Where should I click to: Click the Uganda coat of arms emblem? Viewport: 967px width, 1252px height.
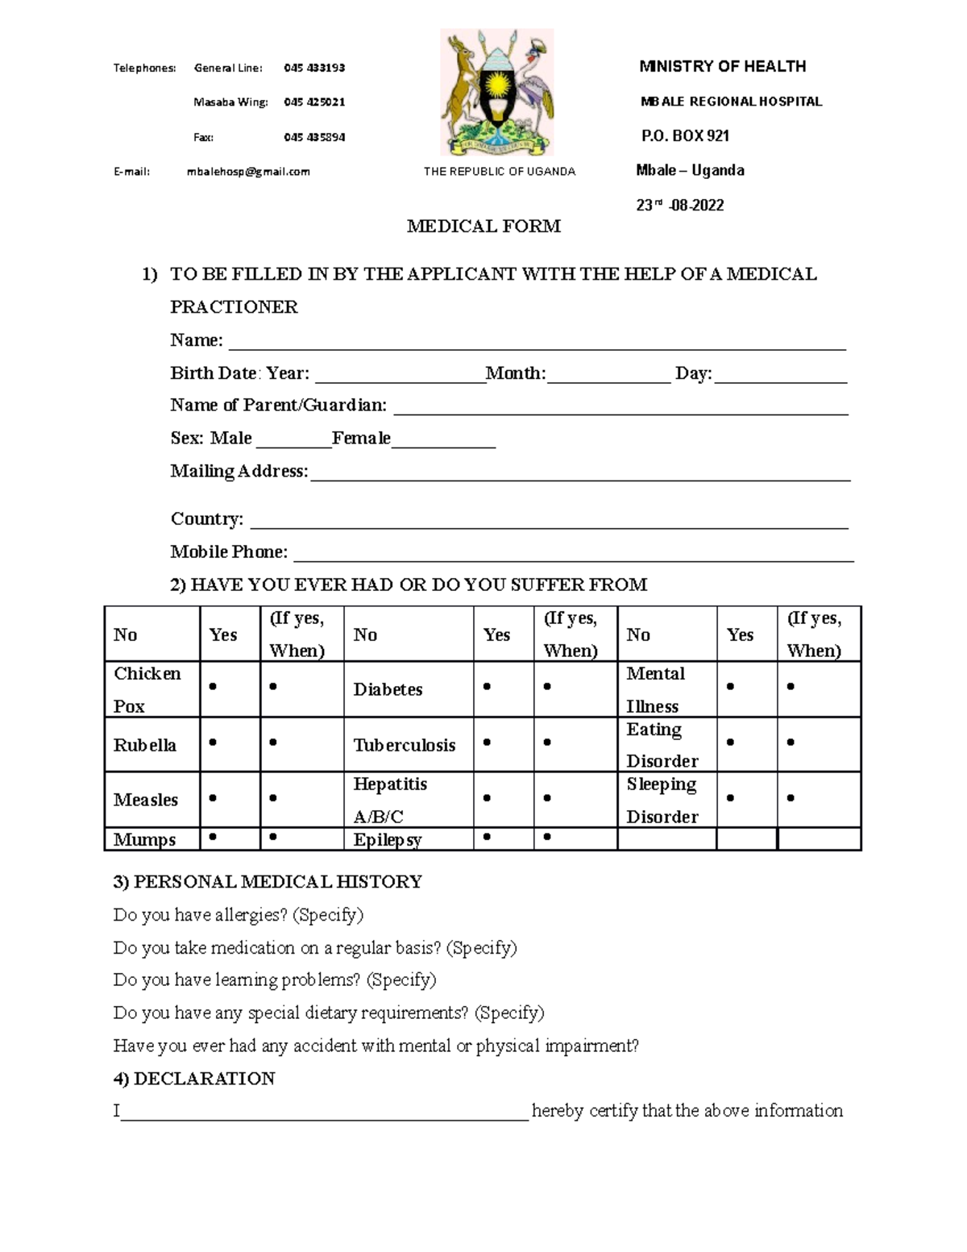tap(496, 93)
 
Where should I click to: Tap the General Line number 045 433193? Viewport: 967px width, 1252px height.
tap(314, 68)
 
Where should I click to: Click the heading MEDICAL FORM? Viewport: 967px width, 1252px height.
tap(483, 227)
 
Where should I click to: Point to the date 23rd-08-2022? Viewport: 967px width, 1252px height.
tap(680, 206)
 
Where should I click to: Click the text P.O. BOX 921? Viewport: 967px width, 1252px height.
tap(685, 136)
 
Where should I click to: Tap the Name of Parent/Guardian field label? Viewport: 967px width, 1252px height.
tap(278, 406)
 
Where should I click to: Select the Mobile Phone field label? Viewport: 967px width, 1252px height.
tap(229, 552)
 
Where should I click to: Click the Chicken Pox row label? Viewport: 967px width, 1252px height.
tap(147, 690)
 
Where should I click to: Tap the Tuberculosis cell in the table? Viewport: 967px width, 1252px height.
tap(405, 746)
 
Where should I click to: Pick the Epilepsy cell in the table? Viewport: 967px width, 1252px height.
tap(388, 840)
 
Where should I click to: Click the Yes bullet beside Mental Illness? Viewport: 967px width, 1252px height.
tap(730, 687)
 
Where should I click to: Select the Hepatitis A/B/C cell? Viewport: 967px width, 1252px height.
tap(390, 801)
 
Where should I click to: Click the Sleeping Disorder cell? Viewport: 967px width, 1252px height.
tap(662, 801)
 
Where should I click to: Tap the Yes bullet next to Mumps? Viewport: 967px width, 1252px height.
tap(213, 837)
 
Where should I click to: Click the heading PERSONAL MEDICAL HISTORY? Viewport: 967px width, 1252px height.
tap(268, 882)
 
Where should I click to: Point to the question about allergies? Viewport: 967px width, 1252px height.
tap(239, 915)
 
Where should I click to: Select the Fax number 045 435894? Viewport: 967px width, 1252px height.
tap(314, 137)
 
